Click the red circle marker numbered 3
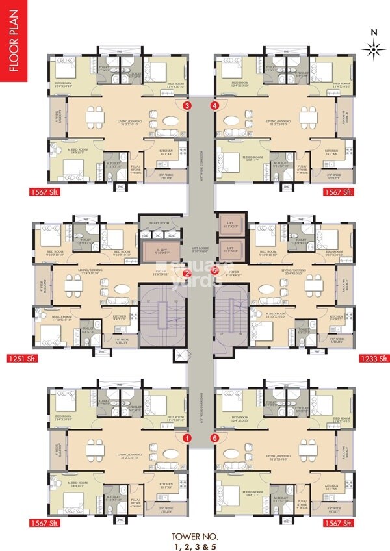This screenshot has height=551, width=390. click(187, 105)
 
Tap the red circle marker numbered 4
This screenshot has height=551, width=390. click(215, 105)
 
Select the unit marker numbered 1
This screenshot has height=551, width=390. click(187, 439)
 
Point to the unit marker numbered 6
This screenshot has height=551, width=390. click(215, 439)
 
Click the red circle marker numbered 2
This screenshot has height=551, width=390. click(186, 274)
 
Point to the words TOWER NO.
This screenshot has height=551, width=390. click(195, 536)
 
